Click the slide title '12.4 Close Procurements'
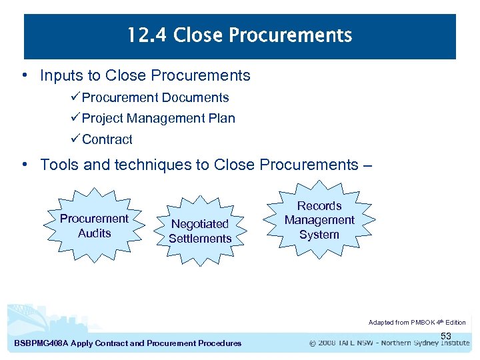[239, 35]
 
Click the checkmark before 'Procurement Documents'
[75, 97]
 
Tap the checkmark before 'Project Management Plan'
[75, 119]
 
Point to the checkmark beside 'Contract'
[75, 139]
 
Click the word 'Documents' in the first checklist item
[197, 97]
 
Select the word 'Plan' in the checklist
[221, 119]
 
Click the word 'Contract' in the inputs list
[107, 139]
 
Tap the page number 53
[446, 335]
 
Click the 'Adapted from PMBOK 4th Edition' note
[417, 322]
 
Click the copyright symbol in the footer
[313, 344]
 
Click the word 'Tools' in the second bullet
[59, 165]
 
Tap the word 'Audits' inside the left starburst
[95, 233]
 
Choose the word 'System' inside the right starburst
[319, 235]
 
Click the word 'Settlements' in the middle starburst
[200, 239]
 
